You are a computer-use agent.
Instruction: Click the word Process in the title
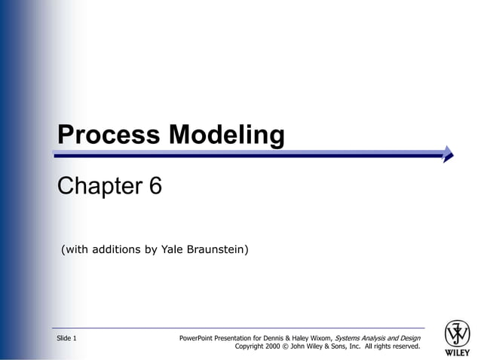coord(109,135)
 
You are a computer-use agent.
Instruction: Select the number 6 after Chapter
coord(155,186)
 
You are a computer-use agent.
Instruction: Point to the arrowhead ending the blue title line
coord(449,154)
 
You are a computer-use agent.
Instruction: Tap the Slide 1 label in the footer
coord(66,338)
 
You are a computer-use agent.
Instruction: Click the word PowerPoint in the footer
coord(197,338)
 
